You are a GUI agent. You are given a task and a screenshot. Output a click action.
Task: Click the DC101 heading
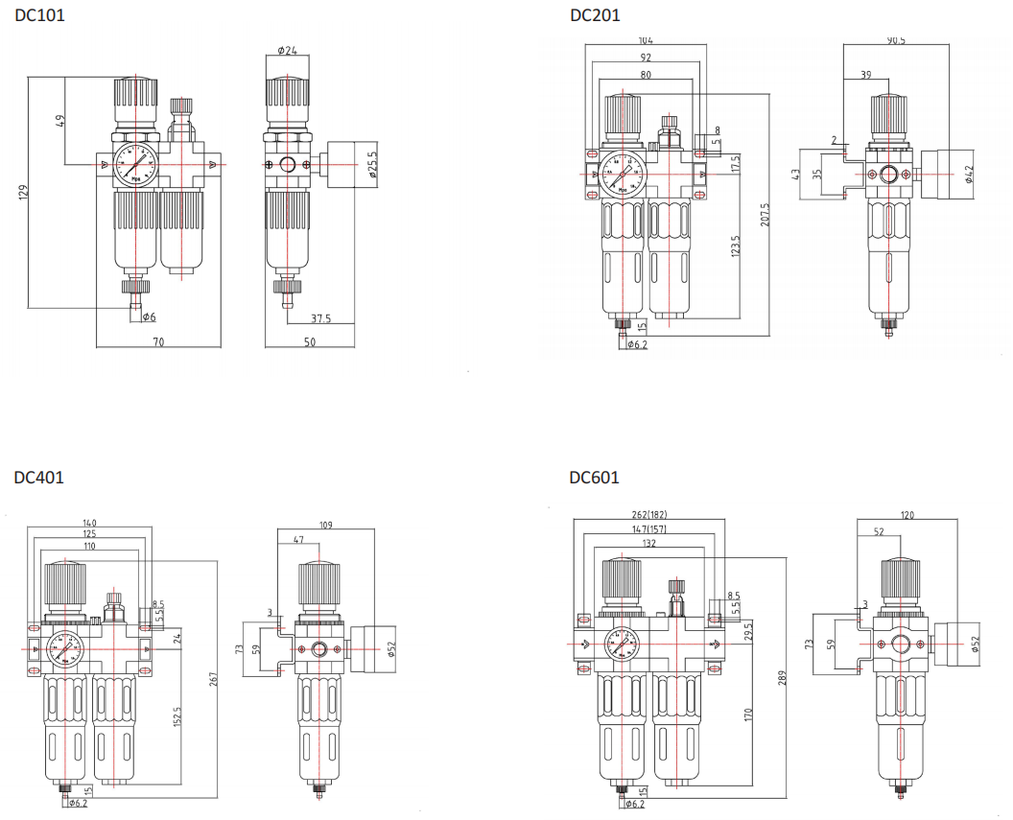click(40, 15)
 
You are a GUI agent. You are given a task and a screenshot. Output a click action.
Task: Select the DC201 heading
click(595, 15)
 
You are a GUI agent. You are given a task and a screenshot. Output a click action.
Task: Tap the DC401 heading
click(39, 477)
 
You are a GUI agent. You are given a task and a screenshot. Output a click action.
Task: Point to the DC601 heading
click(594, 477)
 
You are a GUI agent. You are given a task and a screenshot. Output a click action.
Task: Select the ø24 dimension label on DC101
click(286, 50)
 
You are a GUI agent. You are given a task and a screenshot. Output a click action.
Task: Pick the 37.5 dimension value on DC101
click(320, 319)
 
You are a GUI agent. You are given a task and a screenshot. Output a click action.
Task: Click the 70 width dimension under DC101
click(158, 342)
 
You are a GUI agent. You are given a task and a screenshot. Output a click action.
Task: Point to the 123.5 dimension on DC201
click(736, 246)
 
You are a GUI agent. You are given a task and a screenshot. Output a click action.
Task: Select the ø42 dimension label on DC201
click(969, 174)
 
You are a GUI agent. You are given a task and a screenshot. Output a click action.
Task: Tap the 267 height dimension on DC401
click(214, 679)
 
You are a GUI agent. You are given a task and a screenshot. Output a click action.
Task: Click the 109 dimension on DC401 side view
click(325, 525)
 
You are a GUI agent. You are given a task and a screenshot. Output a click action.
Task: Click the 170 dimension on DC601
click(749, 715)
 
